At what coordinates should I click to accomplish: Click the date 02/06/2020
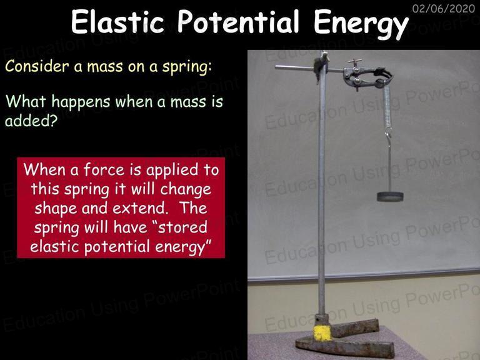[444, 8]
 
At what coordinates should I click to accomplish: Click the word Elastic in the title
[117, 21]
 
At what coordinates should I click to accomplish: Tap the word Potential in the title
[238, 22]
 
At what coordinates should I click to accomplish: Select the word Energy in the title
[361, 24]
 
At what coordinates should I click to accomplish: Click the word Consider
[37, 66]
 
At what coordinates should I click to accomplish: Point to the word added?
[31, 121]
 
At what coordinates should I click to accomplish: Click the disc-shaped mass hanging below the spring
[390, 196]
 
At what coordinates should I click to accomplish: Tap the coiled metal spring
[387, 106]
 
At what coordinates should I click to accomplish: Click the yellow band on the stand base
[322, 333]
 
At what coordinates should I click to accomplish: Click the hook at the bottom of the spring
[389, 135]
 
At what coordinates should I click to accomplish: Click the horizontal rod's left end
[276, 67]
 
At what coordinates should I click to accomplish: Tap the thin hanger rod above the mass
[390, 167]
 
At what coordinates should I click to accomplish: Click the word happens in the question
[81, 102]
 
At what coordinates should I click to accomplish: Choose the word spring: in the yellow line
[187, 67]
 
